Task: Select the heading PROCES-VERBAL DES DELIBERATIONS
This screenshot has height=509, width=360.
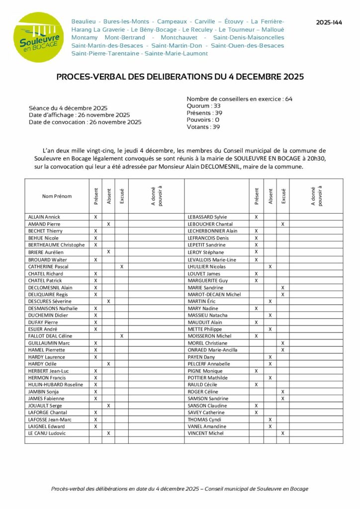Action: coord(180,77)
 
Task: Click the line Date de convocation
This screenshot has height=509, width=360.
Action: coord(85,122)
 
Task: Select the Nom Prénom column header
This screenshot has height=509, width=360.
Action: coord(57,196)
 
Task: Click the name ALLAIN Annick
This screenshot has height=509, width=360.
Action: coord(44,217)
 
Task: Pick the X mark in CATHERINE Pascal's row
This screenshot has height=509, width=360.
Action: coord(121,266)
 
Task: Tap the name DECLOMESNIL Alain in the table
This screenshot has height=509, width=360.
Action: coord(50,287)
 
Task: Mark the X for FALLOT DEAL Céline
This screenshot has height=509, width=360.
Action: coord(121,336)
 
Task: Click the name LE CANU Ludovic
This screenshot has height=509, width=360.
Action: coord(47,433)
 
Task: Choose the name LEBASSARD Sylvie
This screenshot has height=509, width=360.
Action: coord(207,217)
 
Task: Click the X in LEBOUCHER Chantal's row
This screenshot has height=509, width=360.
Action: coord(282,224)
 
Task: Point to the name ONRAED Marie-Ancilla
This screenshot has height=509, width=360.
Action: coord(212,350)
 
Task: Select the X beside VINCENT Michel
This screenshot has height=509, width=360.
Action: coord(282,433)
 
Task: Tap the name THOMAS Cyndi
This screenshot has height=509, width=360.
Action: coord(203,420)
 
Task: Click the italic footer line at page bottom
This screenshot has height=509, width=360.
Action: coord(180,489)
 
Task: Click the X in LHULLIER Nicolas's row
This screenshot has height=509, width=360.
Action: coord(270,266)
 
